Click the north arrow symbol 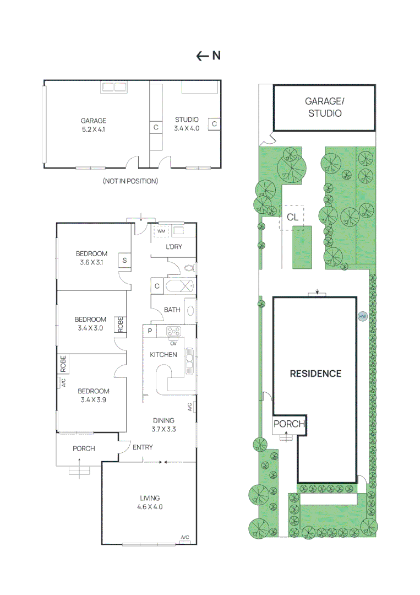pos(208,56)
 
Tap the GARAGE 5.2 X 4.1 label pos(93,125)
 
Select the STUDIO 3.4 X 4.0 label pos(187,124)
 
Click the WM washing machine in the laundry pos(161,231)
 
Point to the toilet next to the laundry pos(189,269)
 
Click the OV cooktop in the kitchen pos(174,332)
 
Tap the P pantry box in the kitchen pos(149,331)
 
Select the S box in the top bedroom pos(125,261)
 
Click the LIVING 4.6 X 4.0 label pos(149,502)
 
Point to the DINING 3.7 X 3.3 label pos(163,425)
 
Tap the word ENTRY pos(143,447)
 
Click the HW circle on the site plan pos(362,316)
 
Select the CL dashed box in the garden pos(292,217)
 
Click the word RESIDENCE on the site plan pos(315,374)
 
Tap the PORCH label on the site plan pos(289,424)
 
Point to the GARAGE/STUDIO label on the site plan pos(324,107)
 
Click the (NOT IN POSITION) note pos(130,181)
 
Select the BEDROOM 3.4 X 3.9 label pos(93,396)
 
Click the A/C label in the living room pos(185,537)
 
